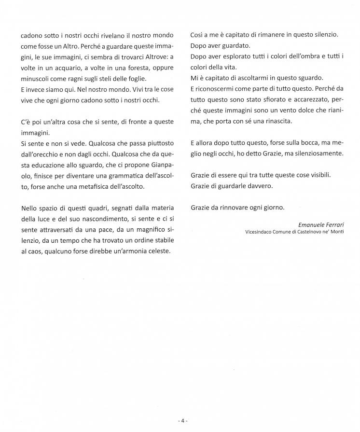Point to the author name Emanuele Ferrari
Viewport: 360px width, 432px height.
pos(320,224)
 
